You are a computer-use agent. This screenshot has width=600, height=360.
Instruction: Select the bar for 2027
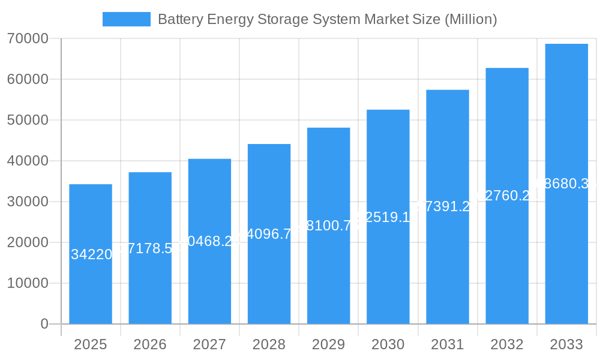point(209,282)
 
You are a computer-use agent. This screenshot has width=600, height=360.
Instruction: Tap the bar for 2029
point(328,276)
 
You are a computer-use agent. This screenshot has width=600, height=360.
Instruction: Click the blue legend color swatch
point(127,19)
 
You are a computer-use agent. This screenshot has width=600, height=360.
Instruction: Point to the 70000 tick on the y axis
point(28,38)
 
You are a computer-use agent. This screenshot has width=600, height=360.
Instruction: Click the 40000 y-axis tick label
point(28,161)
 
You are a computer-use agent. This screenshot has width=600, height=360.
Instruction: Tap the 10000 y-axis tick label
point(28,283)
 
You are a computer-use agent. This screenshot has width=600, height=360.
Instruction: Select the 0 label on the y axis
point(44,324)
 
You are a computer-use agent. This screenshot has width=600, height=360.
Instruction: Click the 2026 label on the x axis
point(150,344)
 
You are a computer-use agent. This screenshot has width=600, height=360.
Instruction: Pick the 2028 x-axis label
point(269,344)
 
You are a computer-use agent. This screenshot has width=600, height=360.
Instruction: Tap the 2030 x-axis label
point(388,344)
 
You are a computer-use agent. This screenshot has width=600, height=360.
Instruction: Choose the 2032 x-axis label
point(507,344)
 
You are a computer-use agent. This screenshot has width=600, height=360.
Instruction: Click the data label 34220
point(91,254)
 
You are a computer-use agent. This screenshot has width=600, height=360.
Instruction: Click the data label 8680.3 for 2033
point(565,184)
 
